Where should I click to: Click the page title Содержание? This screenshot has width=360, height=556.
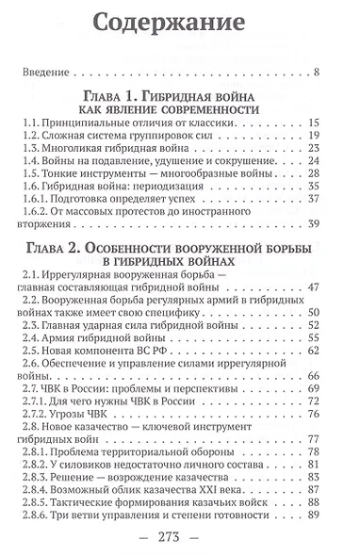coord(181,22)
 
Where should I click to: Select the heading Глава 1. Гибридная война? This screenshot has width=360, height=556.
coord(180,97)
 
